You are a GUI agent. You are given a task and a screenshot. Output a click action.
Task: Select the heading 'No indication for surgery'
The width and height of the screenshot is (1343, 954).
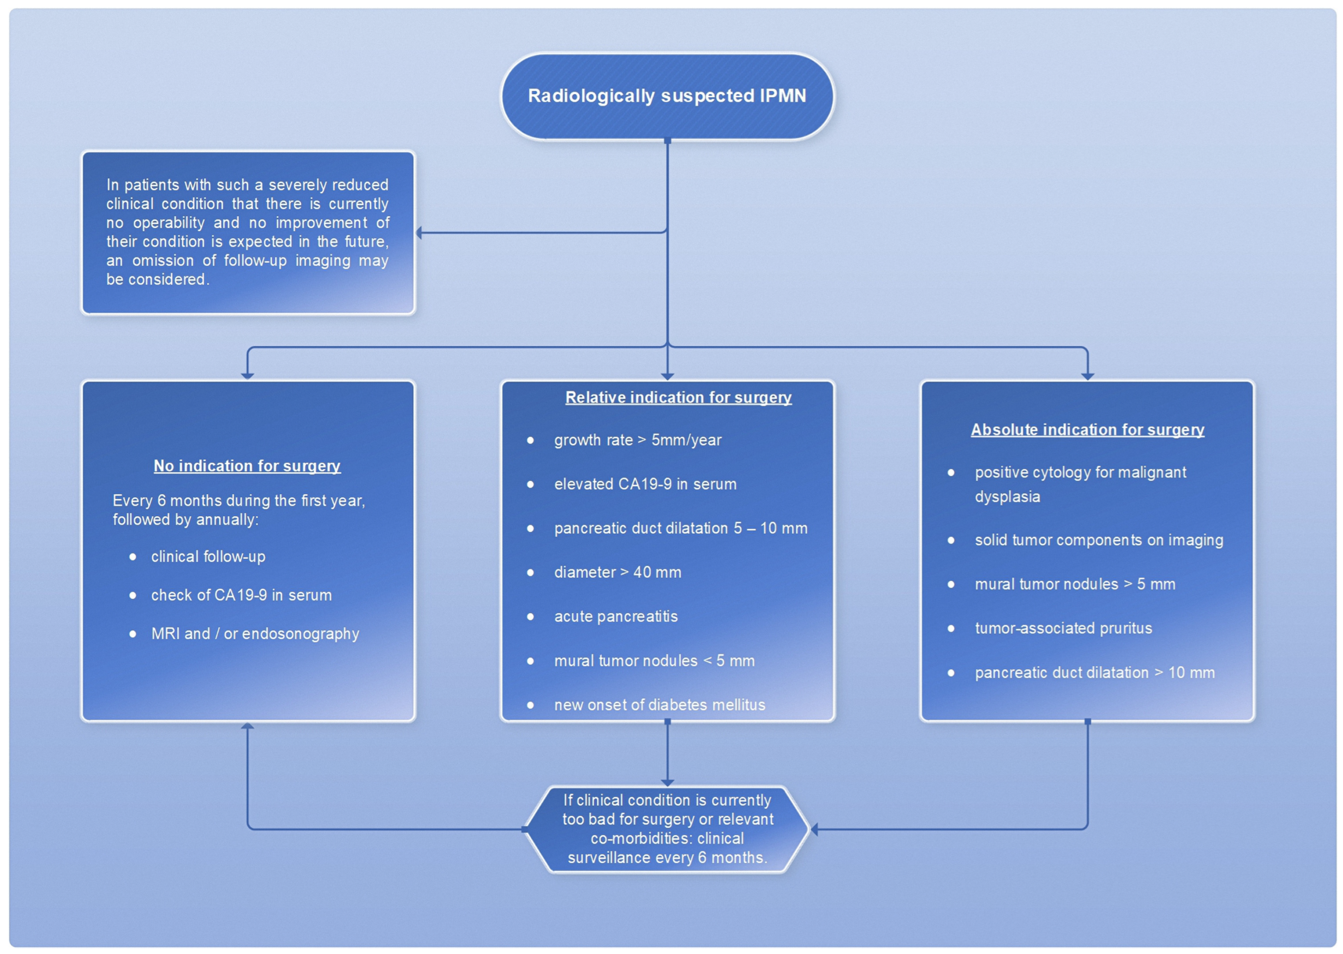click(x=247, y=466)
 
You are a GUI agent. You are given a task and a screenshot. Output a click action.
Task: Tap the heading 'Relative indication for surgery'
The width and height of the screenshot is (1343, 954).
click(x=678, y=398)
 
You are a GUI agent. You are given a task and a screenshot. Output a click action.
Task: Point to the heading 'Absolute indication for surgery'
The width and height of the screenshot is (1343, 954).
click(x=1087, y=430)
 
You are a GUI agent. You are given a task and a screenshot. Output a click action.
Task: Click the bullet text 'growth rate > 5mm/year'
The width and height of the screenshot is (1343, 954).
click(x=638, y=440)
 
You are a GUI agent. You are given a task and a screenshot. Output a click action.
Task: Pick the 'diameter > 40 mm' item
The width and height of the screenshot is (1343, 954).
click(x=618, y=572)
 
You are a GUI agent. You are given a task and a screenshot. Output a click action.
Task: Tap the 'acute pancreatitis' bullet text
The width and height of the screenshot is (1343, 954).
click(x=615, y=616)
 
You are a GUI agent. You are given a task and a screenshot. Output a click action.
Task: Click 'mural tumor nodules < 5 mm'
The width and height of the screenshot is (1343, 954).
click(x=654, y=661)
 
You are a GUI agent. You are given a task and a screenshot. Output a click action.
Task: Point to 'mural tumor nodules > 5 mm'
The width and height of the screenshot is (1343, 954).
click(x=1075, y=584)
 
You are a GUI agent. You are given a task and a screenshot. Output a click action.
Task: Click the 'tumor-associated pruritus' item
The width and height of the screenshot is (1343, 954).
click(x=1063, y=628)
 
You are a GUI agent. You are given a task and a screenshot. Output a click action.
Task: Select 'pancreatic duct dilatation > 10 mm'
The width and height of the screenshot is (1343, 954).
click(x=1094, y=673)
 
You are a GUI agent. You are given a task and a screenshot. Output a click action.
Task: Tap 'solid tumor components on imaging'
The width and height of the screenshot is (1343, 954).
click(x=1099, y=540)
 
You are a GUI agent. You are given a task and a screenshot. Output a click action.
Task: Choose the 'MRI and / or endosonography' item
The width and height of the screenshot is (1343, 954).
click(x=255, y=634)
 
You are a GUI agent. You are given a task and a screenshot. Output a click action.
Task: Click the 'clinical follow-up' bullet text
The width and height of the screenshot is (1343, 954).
click(x=208, y=556)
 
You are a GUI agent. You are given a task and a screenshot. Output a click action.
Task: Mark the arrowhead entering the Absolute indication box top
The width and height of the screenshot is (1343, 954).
click(x=1087, y=376)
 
